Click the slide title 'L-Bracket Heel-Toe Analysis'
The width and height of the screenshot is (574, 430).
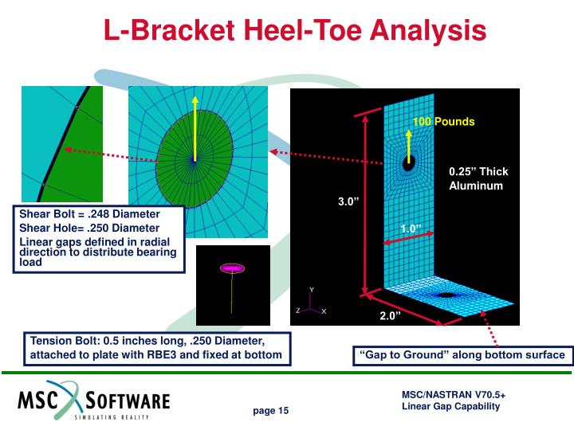pos(295,31)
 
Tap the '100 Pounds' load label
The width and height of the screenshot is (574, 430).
pos(443,122)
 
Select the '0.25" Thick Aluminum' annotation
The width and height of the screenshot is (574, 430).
pos(478,178)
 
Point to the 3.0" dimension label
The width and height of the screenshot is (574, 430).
pos(350,201)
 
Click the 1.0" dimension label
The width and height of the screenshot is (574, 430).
pos(411,229)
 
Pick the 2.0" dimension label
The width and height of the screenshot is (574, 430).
pos(390,316)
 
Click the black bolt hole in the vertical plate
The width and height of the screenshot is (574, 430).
pos(409,164)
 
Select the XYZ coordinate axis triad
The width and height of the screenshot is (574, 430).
pos(311,305)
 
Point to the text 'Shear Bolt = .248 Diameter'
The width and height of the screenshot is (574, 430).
pos(89,214)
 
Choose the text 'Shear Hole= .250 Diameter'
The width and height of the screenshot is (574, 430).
pos(89,229)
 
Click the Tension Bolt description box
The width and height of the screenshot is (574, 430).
pos(156,347)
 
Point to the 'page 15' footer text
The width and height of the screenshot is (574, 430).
pos(271,411)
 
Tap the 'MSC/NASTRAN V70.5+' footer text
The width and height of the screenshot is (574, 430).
pos(454,394)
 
